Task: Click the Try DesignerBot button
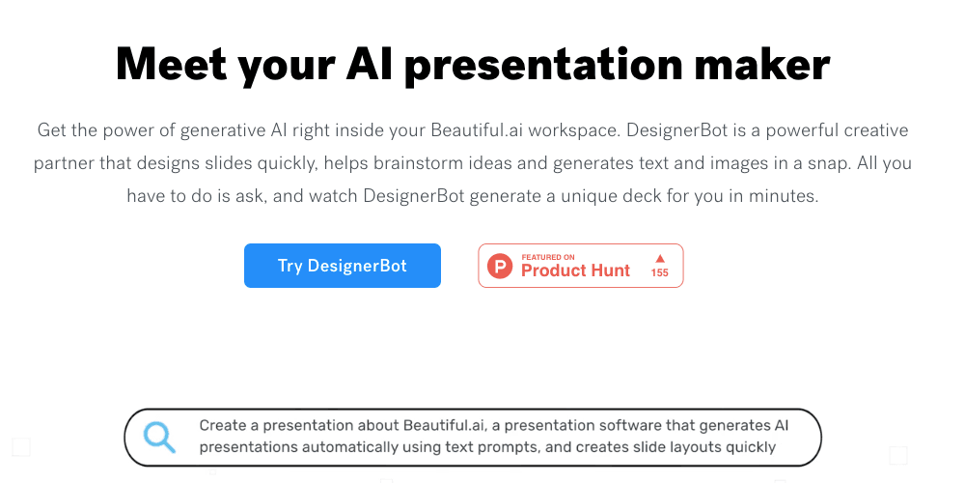tap(342, 266)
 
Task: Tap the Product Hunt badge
tap(580, 266)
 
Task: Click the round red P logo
tap(500, 266)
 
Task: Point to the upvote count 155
tap(660, 273)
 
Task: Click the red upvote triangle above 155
tap(660, 258)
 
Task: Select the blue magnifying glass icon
tap(159, 437)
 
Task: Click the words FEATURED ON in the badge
tap(548, 257)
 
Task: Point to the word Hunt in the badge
tap(608, 270)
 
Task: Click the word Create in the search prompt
tap(223, 425)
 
